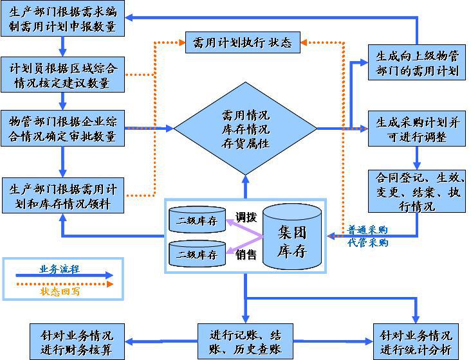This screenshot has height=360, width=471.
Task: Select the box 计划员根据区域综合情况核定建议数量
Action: [x=62, y=75]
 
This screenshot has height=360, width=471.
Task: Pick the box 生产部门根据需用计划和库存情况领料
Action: [x=62, y=196]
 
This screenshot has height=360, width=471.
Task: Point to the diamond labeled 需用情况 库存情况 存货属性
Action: [x=245, y=129]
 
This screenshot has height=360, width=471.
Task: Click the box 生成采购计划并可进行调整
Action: [x=417, y=129]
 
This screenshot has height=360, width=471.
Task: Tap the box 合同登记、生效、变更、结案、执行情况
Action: [x=417, y=191]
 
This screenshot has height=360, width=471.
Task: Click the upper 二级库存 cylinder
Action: [x=197, y=221]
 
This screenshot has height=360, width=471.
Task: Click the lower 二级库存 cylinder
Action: [x=197, y=255]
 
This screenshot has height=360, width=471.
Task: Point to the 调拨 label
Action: [x=246, y=216]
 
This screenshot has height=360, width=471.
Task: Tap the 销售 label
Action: [x=246, y=255]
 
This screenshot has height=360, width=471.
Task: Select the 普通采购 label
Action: [x=368, y=230]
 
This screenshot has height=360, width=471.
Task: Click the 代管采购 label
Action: [x=368, y=242]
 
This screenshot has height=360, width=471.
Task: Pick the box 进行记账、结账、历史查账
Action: [x=245, y=341]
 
